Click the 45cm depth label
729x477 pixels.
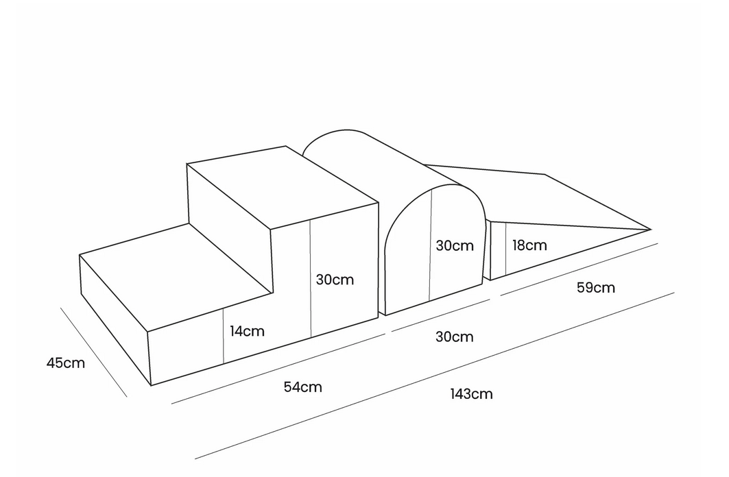[x=66, y=363]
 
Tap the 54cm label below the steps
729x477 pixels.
[x=302, y=387]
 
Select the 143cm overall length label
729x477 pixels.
[x=471, y=394]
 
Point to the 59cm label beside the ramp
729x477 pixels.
[x=595, y=287]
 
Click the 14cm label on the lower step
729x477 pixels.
[x=247, y=331]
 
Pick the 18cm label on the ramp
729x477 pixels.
[x=529, y=245]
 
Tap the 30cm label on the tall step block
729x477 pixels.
[x=335, y=280]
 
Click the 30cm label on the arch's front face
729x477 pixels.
[x=455, y=246]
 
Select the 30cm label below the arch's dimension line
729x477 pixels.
[x=454, y=337]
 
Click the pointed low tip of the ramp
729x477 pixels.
[x=650, y=230]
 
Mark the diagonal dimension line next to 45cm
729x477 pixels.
[x=93, y=352]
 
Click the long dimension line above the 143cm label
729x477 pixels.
[x=434, y=376]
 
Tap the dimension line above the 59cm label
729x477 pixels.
[x=579, y=269]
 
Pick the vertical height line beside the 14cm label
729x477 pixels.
[x=224, y=335]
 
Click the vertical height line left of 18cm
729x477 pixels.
[x=506, y=249]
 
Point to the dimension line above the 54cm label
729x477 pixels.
[x=278, y=369]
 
